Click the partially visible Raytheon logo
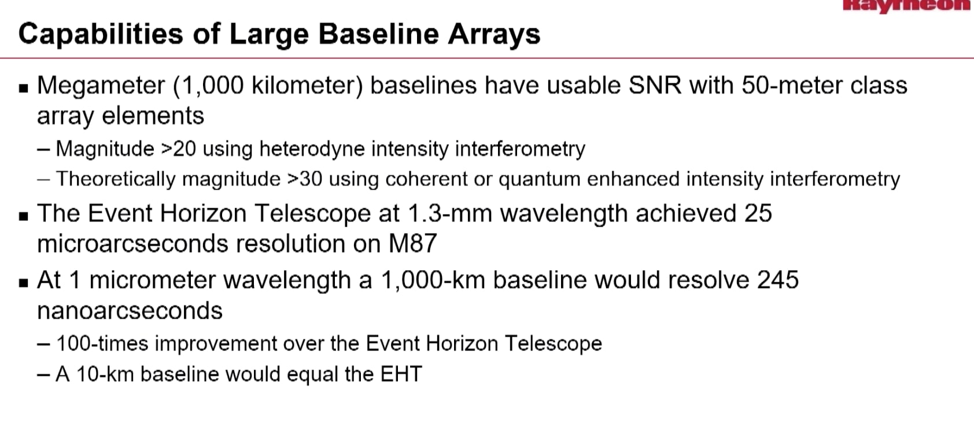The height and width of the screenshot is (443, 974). (905, 5)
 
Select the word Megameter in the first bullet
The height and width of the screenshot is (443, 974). (101, 86)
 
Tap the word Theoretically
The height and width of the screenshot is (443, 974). (115, 179)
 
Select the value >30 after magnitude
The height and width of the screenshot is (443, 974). (305, 179)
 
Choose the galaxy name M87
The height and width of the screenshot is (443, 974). (412, 243)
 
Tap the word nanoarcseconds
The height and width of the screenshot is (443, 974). (130, 311)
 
